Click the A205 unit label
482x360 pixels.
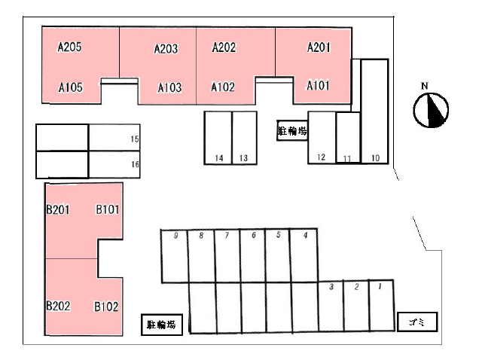click(69, 47)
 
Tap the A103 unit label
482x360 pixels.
click(169, 87)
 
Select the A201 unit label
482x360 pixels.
click(319, 47)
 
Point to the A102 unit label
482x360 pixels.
click(223, 87)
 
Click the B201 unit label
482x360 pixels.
click(58, 209)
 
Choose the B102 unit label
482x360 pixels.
click(106, 307)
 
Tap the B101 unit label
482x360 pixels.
click(107, 209)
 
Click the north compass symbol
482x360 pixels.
click(431, 109)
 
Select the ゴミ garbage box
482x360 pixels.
click(416, 322)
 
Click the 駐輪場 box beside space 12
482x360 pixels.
click(292, 131)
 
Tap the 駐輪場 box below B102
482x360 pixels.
click(162, 325)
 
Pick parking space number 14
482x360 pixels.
click(218, 137)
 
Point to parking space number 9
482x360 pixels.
click(175, 255)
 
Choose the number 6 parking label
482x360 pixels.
click(254, 236)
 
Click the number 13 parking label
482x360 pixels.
click(243, 158)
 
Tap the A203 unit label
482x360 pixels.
click(166, 49)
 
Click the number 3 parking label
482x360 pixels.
click(331, 287)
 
